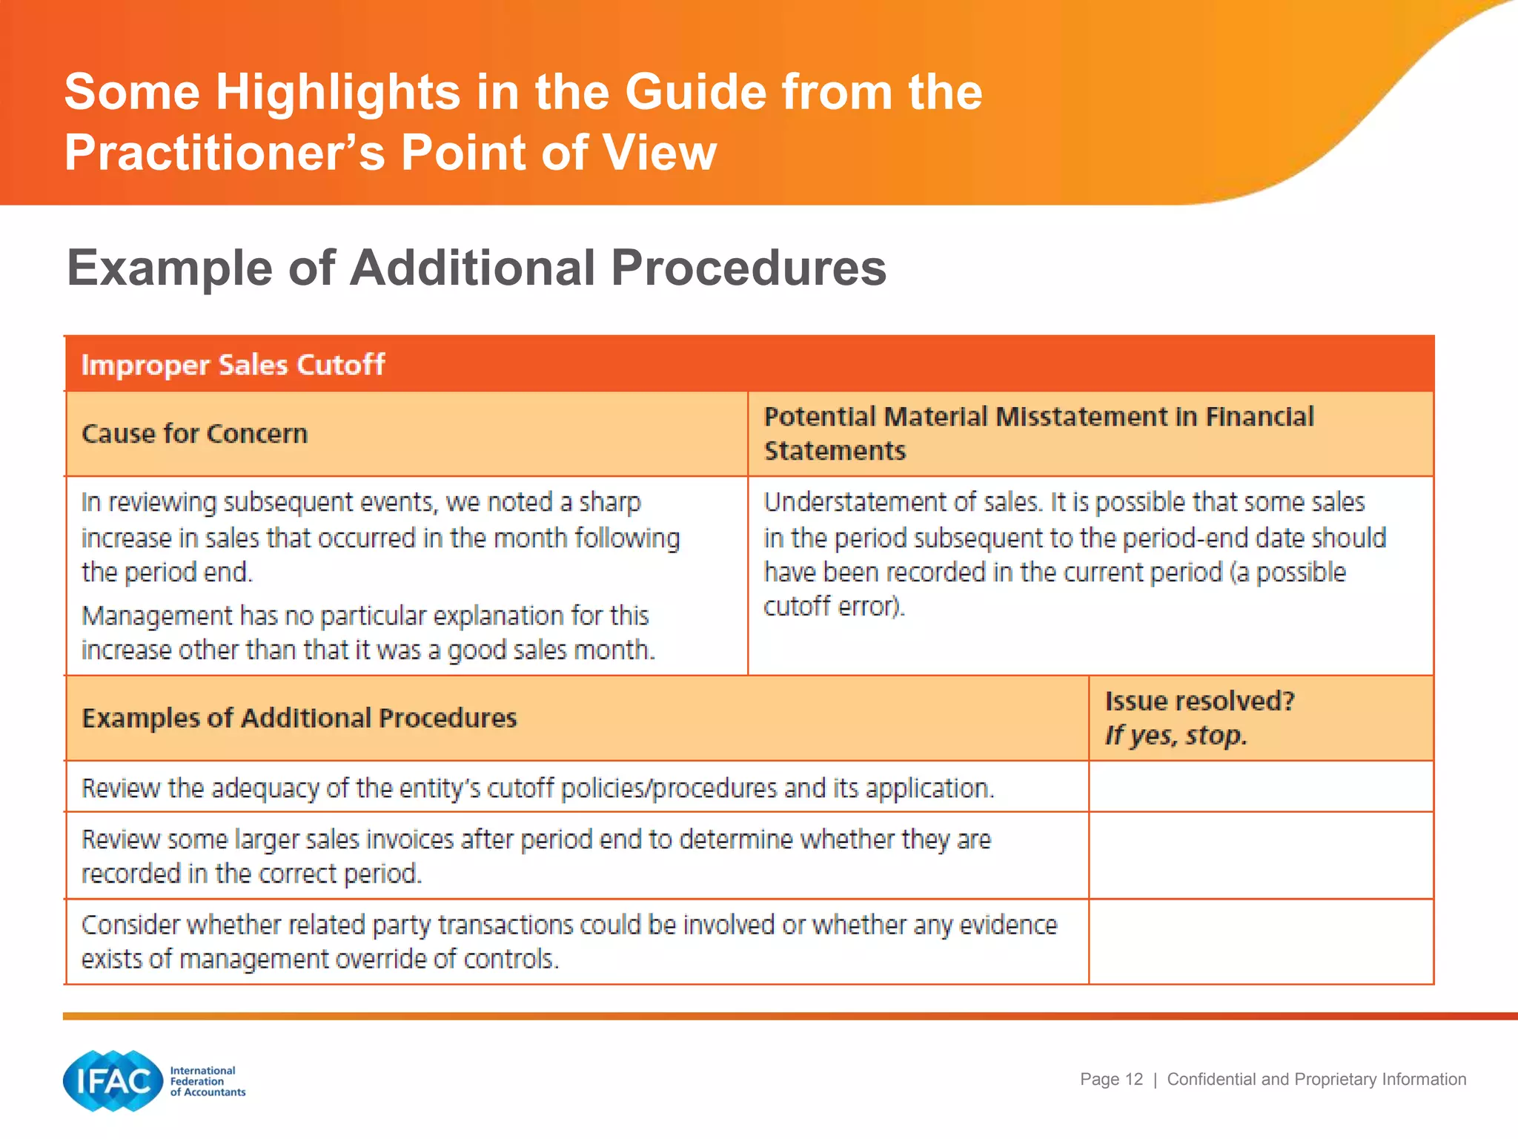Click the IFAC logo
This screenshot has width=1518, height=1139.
(113, 1080)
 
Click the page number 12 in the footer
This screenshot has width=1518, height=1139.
(1133, 1079)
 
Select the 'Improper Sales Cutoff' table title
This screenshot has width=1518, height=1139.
(233, 365)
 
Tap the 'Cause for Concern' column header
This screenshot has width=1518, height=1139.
(194, 434)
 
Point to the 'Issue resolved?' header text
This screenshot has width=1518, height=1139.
(1199, 701)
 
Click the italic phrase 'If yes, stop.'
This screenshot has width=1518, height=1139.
(1176, 736)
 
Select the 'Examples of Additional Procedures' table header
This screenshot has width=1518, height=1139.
(299, 718)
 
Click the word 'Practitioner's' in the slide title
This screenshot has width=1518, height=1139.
(225, 153)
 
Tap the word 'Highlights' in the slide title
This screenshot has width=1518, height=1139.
(338, 92)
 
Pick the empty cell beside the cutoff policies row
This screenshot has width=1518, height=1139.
(1260, 787)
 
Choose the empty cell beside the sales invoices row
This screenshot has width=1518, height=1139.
(1260, 856)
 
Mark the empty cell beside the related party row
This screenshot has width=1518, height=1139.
(1260, 942)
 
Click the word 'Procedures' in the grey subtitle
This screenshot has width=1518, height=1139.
(748, 268)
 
